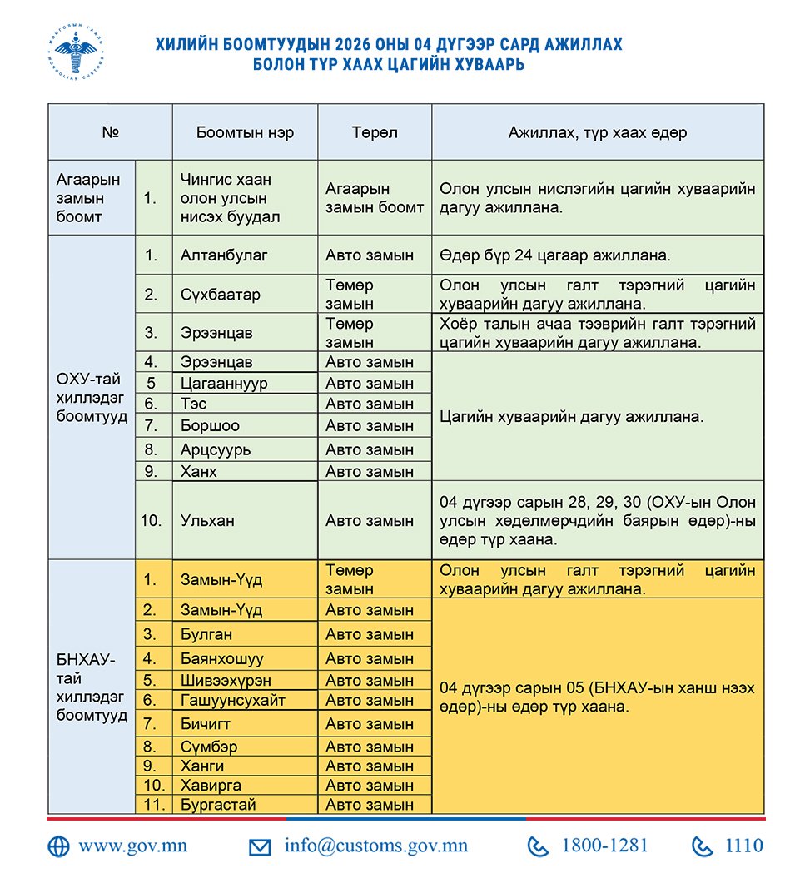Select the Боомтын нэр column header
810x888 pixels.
245,132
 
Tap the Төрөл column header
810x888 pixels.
375,132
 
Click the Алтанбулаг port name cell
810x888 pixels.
224,255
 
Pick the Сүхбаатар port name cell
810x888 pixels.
221,295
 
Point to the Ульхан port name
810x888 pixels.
207,520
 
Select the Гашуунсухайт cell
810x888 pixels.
233,700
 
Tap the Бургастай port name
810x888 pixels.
218,805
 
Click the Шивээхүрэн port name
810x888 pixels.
226,680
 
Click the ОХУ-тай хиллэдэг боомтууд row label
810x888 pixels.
92,397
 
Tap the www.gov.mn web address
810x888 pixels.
132,846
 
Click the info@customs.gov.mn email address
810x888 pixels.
375,846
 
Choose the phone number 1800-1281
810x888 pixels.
604,846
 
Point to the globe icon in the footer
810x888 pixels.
58,846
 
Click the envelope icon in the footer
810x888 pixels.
260,847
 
